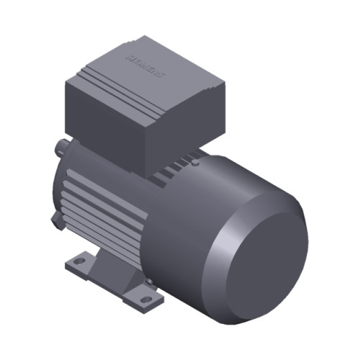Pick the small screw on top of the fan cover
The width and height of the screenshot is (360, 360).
(x=195, y=163)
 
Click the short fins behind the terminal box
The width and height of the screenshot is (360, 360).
(x=173, y=173)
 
